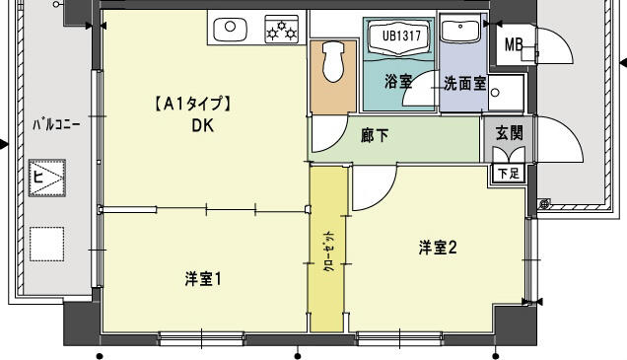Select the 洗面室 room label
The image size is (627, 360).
pos(462,83)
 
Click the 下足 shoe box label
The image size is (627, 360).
pos(508,173)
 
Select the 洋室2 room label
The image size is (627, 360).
pos(438,248)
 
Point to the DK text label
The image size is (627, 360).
pos(203,125)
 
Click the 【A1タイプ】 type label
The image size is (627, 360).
pos(192,103)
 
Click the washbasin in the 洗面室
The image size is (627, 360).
pos(458,31)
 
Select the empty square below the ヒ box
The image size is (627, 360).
pos(46,242)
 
